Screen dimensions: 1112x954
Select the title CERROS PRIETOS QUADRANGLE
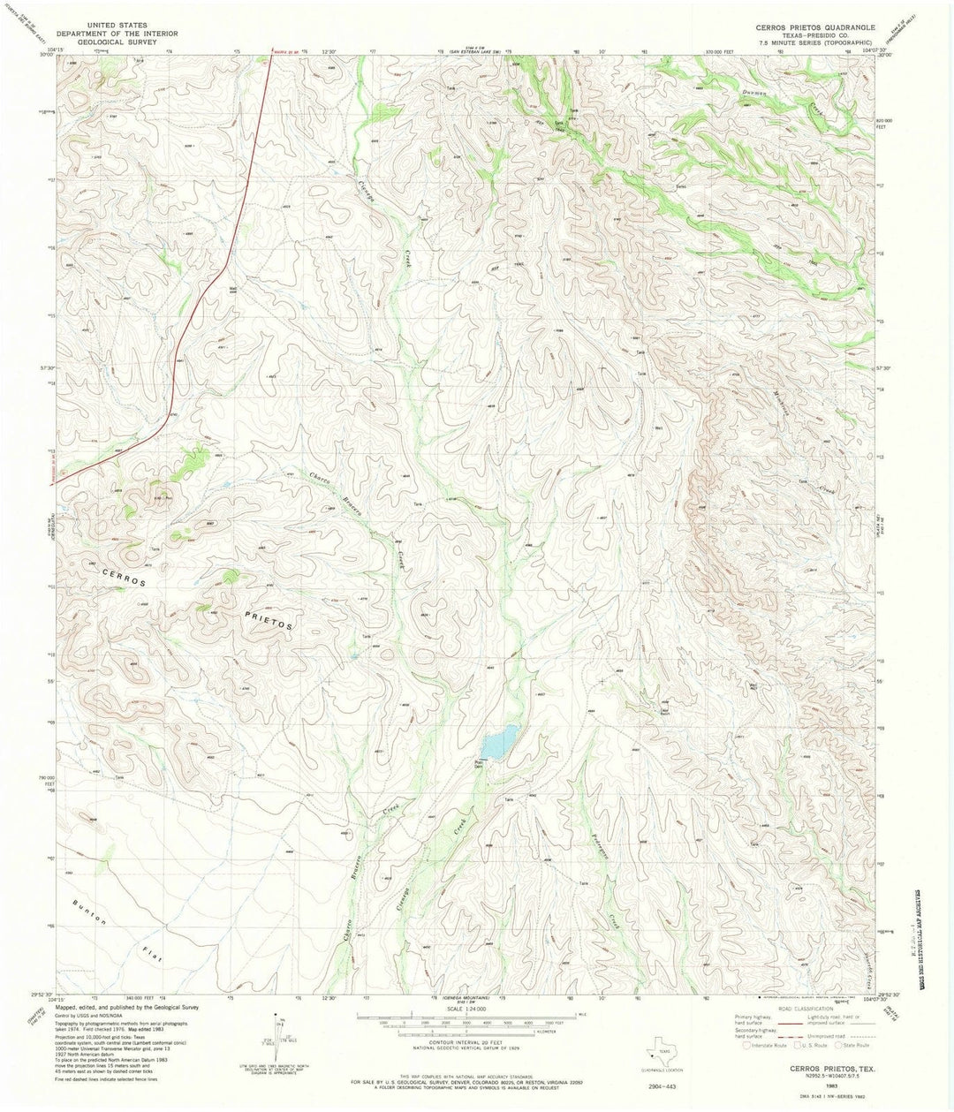tap(814, 28)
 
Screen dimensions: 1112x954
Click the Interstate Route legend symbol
tap(748, 1045)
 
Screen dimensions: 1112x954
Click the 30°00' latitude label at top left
tap(46, 54)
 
